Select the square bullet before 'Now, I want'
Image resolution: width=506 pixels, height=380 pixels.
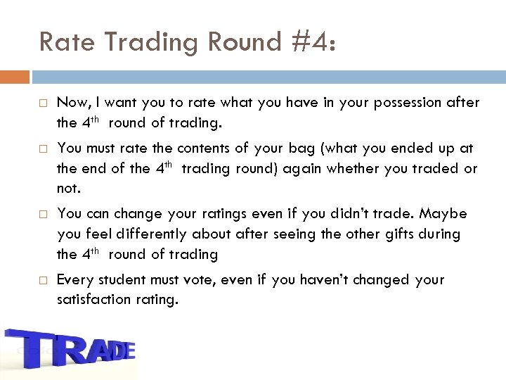[x=43, y=103]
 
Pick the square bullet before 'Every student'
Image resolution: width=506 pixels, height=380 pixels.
[x=43, y=281]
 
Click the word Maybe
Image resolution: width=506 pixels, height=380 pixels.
[x=443, y=213]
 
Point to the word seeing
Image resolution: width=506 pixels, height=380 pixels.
[x=294, y=234]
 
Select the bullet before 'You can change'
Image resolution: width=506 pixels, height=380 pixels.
[x=43, y=214]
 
